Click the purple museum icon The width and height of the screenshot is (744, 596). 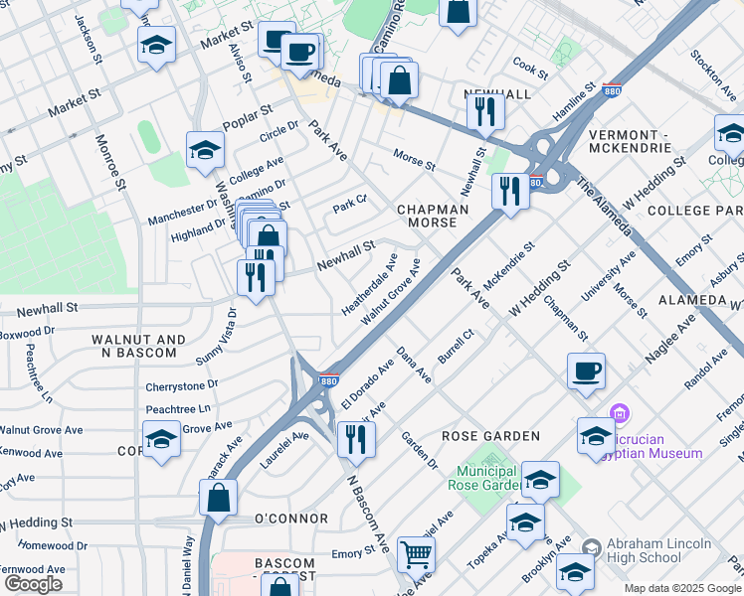[619, 412]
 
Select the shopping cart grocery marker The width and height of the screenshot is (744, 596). [416, 552]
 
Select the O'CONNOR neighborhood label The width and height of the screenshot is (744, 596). [291, 519]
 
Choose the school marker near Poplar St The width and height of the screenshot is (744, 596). [205, 149]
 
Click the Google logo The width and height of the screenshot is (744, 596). [34, 584]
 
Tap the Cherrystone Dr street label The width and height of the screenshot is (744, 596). [181, 384]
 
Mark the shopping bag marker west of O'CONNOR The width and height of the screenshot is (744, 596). [218, 497]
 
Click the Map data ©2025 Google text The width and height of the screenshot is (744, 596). [681, 588]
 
